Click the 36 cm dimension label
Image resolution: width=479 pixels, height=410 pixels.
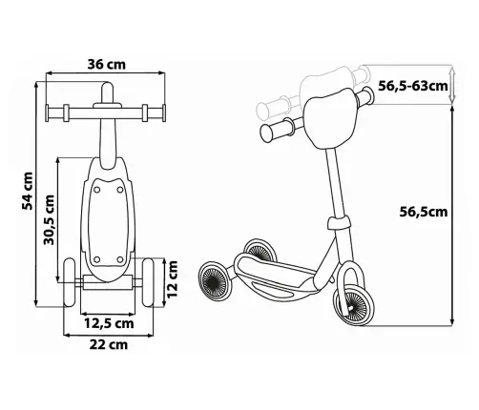click(107, 65)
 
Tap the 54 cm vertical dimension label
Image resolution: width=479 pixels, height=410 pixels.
click(28, 191)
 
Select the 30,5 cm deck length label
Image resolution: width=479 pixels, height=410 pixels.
click(49, 220)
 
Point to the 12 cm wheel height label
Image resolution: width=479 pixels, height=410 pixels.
click(172, 279)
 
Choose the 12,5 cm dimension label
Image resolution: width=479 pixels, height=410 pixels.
click(109, 323)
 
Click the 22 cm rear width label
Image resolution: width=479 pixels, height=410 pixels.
click(109, 344)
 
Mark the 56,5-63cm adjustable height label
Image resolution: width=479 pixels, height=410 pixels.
click(413, 86)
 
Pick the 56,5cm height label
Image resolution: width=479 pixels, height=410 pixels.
click(424, 212)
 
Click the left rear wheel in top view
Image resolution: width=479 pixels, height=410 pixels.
click(70, 282)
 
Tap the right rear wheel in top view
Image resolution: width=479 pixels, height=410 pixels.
click(148, 282)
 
